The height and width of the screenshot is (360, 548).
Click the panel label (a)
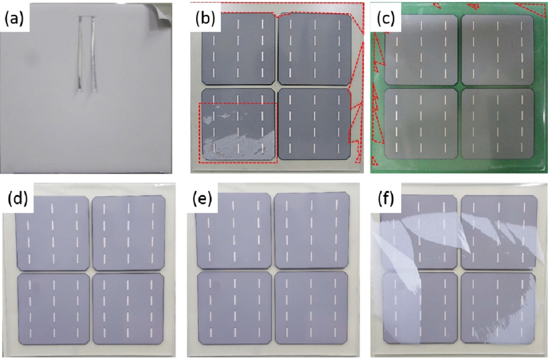[14, 19]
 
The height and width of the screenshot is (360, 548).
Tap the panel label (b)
[205, 19]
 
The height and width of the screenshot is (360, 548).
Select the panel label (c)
[386, 19]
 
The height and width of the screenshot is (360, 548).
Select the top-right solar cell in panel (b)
[315, 49]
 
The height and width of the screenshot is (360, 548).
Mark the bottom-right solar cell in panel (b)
[315, 124]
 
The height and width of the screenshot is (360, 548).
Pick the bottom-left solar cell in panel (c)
[421, 123]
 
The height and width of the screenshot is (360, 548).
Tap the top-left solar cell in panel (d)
[53, 233]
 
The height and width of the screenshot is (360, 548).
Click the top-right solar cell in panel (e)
[312, 231]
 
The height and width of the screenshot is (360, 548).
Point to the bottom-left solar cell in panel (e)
[235, 308]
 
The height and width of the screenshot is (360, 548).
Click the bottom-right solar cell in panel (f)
[498, 308]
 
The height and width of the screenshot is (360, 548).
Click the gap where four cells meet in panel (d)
[91, 272]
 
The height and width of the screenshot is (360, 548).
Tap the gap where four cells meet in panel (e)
[273, 270]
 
